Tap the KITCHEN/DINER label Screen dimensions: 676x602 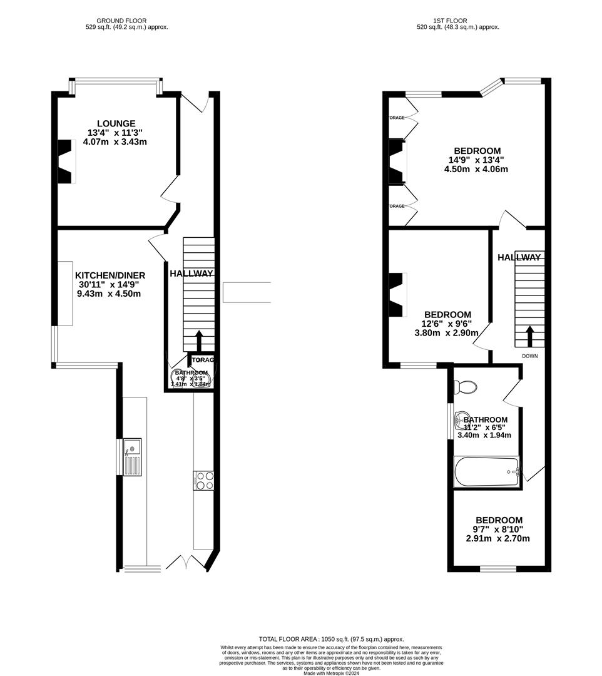click(x=110, y=275)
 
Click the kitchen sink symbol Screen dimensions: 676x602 click(x=132, y=457)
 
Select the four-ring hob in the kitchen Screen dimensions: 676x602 click(x=205, y=480)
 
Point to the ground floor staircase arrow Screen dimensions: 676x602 click(x=199, y=341)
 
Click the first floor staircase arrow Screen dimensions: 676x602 click(x=529, y=336)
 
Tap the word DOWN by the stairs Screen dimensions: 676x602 click(x=529, y=356)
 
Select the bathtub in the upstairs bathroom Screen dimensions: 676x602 click(x=486, y=473)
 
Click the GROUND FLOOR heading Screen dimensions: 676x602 click(x=126, y=21)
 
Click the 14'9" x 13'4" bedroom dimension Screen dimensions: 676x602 click(x=477, y=160)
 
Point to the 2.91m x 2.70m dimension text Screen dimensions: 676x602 click(x=499, y=538)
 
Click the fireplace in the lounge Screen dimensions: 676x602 click(x=66, y=161)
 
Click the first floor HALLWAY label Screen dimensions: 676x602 click(x=519, y=257)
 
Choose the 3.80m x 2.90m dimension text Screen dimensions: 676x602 click(x=446, y=333)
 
